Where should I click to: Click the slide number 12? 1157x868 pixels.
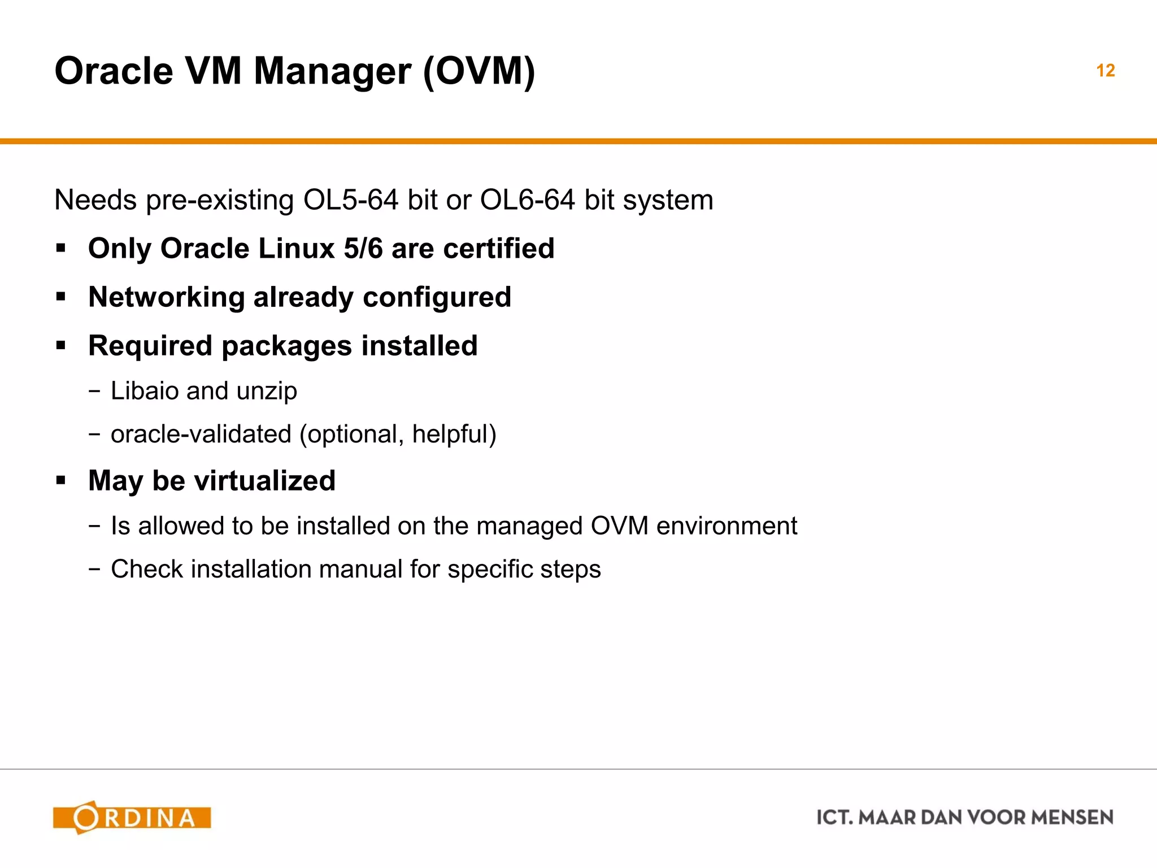pyautogui.click(x=1105, y=71)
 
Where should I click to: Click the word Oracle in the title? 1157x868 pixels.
pyautogui.click(x=114, y=71)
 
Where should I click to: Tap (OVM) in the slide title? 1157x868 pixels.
pyautogui.click(x=479, y=71)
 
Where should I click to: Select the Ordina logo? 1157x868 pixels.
pyautogui.click(x=132, y=817)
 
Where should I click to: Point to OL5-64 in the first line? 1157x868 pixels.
pyautogui.click(x=350, y=200)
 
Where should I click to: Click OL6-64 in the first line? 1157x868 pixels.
pyautogui.click(x=527, y=200)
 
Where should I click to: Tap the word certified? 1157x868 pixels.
pyautogui.click(x=499, y=249)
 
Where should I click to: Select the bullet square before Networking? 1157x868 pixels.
pyautogui.click(x=61, y=297)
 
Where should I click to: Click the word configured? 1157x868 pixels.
pyautogui.click(x=437, y=297)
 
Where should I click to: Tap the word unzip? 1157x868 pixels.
pyautogui.click(x=267, y=392)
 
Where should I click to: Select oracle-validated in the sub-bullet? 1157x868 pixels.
pyautogui.click(x=201, y=435)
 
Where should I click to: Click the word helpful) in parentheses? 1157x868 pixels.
pyautogui.click(x=454, y=435)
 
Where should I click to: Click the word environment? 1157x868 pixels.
pyautogui.click(x=727, y=526)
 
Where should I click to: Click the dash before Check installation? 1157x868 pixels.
pyautogui.click(x=94, y=569)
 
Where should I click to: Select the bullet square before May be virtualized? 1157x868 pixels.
pyautogui.click(x=61, y=481)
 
